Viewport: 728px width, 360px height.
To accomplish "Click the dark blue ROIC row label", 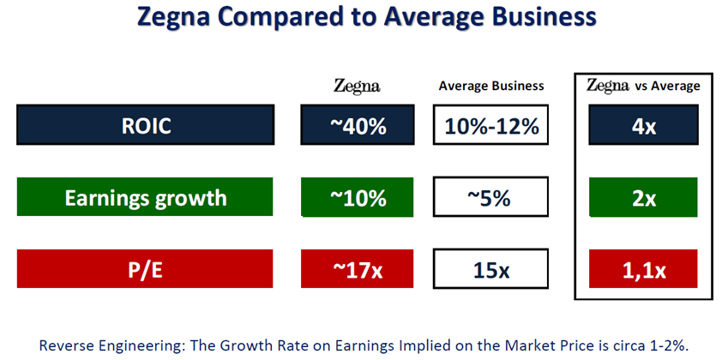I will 145,126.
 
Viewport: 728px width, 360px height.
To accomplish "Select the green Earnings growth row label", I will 145,198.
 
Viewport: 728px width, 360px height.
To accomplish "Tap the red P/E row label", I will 145,270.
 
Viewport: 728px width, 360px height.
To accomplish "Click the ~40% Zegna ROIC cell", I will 358,126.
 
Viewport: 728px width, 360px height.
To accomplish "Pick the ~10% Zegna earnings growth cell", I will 358,198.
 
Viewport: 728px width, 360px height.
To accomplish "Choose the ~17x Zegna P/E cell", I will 358,270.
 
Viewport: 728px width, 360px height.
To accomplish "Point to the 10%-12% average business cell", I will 490,126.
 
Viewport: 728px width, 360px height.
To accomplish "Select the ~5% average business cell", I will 490,198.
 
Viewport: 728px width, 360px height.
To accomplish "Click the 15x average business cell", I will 490,270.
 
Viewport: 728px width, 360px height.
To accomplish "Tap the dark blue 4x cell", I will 643,126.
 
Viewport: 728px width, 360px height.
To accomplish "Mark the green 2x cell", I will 643,198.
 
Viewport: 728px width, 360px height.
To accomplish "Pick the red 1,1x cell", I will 643,270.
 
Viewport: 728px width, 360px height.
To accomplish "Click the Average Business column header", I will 490,86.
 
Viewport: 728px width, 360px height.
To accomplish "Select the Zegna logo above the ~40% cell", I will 357,86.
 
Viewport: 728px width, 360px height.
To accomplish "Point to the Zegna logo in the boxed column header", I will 608,86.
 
